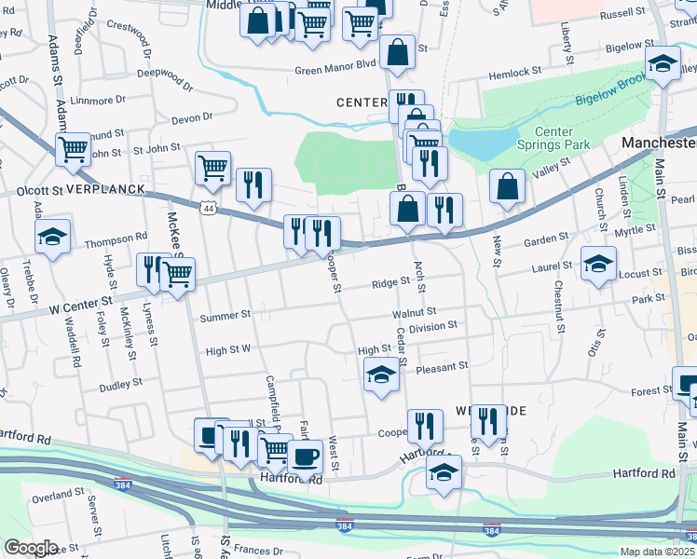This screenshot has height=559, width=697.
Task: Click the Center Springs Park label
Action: coord(566,139)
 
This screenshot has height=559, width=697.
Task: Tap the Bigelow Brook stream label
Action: coord(611,91)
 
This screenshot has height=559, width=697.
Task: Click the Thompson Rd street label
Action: coord(116,238)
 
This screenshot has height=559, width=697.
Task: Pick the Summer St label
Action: coord(225,316)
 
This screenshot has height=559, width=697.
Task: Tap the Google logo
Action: coord(30,548)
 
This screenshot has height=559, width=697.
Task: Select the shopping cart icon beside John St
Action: coord(73,148)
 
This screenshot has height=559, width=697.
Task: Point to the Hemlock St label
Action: coord(523,72)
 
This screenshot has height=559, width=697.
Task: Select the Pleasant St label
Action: coord(442,367)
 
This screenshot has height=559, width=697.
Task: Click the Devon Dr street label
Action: coord(192,117)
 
